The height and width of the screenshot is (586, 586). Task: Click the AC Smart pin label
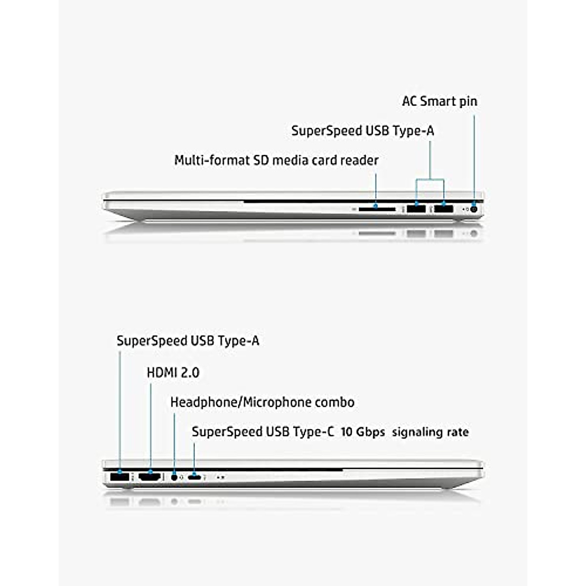[x=439, y=102]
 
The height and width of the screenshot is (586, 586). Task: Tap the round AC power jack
[x=473, y=209]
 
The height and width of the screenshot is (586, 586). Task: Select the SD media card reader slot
[x=377, y=209]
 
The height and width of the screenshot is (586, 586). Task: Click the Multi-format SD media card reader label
[x=276, y=160]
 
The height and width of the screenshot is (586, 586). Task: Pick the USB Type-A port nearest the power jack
[x=443, y=209]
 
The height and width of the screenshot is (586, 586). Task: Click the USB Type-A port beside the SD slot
[x=416, y=209]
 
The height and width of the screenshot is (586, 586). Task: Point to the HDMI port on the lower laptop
[x=150, y=477]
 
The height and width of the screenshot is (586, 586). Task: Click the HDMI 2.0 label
[x=173, y=373]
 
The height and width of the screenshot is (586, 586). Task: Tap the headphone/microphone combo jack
[x=174, y=477]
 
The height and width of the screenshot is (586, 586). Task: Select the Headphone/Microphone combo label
[x=262, y=402]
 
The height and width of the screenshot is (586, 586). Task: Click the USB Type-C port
[x=195, y=477]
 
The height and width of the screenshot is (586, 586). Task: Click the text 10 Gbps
[x=362, y=432]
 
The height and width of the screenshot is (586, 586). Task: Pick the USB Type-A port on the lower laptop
[x=120, y=477]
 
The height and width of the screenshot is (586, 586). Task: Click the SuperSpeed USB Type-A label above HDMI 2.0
[x=188, y=341]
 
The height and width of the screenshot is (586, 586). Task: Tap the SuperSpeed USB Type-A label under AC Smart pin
[x=362, y=131]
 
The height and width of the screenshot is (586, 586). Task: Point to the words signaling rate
[x=430, y=432]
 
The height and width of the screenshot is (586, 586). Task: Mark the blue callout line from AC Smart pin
[x=473, y=156]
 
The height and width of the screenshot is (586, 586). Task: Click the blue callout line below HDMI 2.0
[x=150, y=425]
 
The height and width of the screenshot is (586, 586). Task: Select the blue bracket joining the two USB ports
[x=430, y=180]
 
